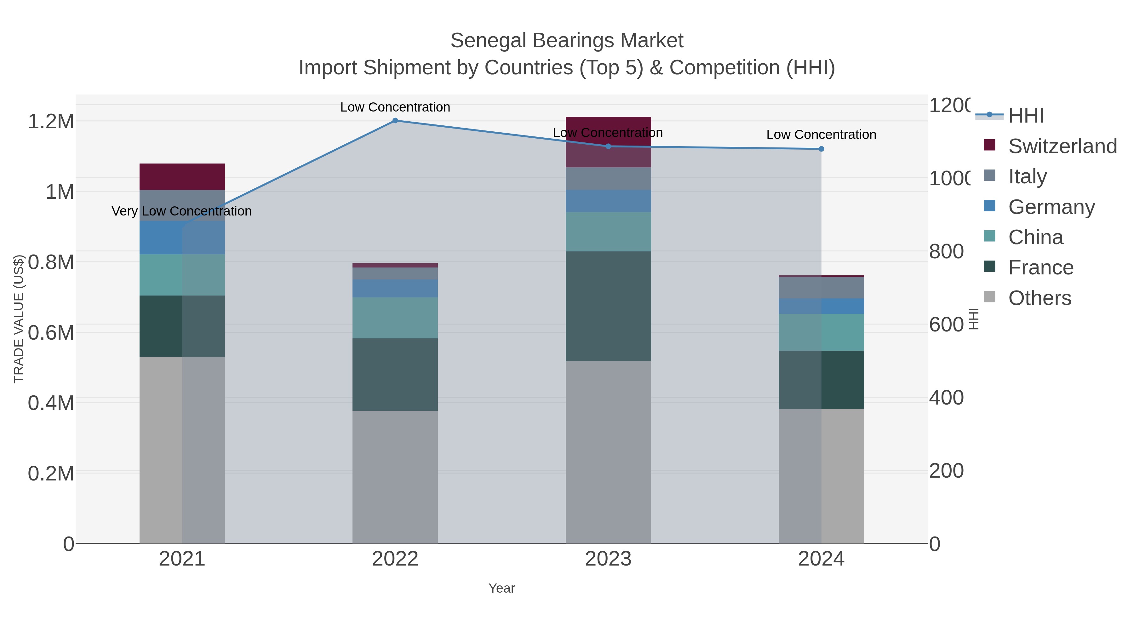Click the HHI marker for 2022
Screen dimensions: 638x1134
click(395, 121)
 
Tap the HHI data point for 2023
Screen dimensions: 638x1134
click(608, 146)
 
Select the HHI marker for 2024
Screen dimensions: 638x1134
click(821, 149)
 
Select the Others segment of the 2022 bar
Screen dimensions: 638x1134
click(395, 477)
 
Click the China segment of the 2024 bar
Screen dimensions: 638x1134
click(821, 332)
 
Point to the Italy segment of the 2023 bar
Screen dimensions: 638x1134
click(608, 178)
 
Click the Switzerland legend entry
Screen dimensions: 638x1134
click(1062, 146)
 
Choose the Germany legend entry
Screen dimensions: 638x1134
click(1051, 207)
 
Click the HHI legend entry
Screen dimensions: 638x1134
click(1026, 116)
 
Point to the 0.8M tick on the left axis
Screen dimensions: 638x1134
click(51, 262)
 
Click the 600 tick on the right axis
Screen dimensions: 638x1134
click(947, 325)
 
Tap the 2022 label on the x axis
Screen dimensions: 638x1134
click(395, 559)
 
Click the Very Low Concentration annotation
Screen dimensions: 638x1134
click(182, 211)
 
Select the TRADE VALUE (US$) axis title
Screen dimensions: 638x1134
click(19, 319)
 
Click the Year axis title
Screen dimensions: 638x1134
click(501, 588)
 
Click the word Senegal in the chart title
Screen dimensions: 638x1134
click(488, 41)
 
